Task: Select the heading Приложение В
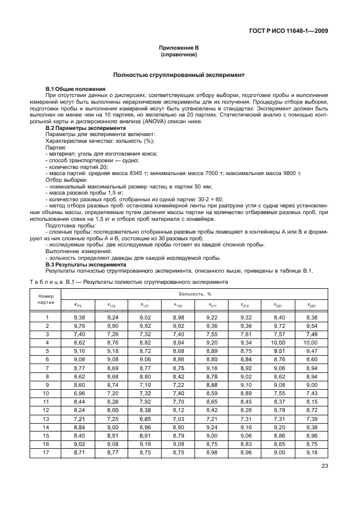click(x=179, y=50)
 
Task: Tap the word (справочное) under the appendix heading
click(x=179, y=56)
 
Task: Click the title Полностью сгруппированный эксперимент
click(x=179, y=75)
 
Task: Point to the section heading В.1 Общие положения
click(x=75, y=89)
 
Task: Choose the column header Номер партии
click(x=47, y=298)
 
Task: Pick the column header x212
click(x=244, y=305)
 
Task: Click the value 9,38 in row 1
click(x=79, y=317)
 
